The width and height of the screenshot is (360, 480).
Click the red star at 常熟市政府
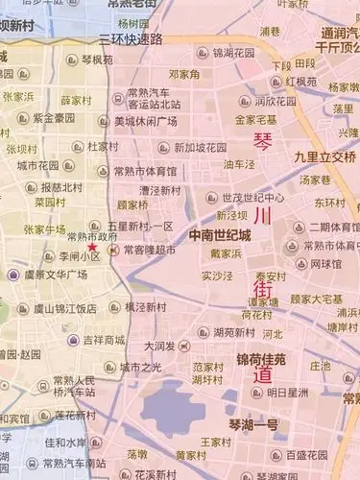pyautogui.click(x=92, y=221)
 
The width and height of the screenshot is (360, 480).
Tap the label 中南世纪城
pyautogui.click(x=220, y=234)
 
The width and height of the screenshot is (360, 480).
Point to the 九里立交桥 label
pyautogui.click(x=325, y=156)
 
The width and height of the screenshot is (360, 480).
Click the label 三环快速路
pyautogui.click(x=132, y=39)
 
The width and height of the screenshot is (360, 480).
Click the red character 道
pyautogui.click(x=262, y=375)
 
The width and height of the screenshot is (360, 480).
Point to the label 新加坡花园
pyautogui.click(x=200, y=148)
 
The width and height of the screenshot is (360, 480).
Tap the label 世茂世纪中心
pyautogui.click(x=252, y=197)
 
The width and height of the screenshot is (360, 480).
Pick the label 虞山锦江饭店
pyautogui.click(x=60, y=308)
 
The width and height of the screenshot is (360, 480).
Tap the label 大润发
pyautogui.click(x=160, y=344)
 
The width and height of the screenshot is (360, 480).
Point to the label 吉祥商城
pyautogui.click(x=104, y=339)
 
